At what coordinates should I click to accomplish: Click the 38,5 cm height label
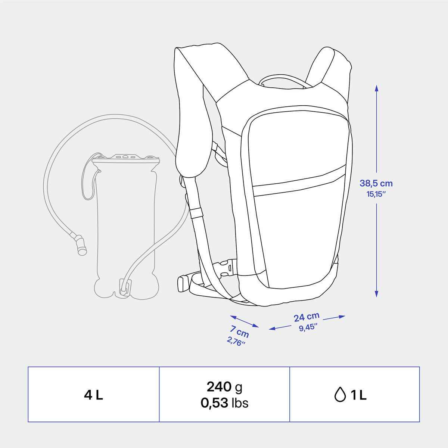[376, 183]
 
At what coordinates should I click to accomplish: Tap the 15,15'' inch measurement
[376, 194]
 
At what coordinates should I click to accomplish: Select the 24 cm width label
[307, 317]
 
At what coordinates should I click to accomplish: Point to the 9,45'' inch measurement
[308, 327]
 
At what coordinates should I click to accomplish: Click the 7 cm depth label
[239, 332]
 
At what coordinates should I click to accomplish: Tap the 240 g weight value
[224, 387]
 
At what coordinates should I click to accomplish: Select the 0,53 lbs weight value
[224, 403]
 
